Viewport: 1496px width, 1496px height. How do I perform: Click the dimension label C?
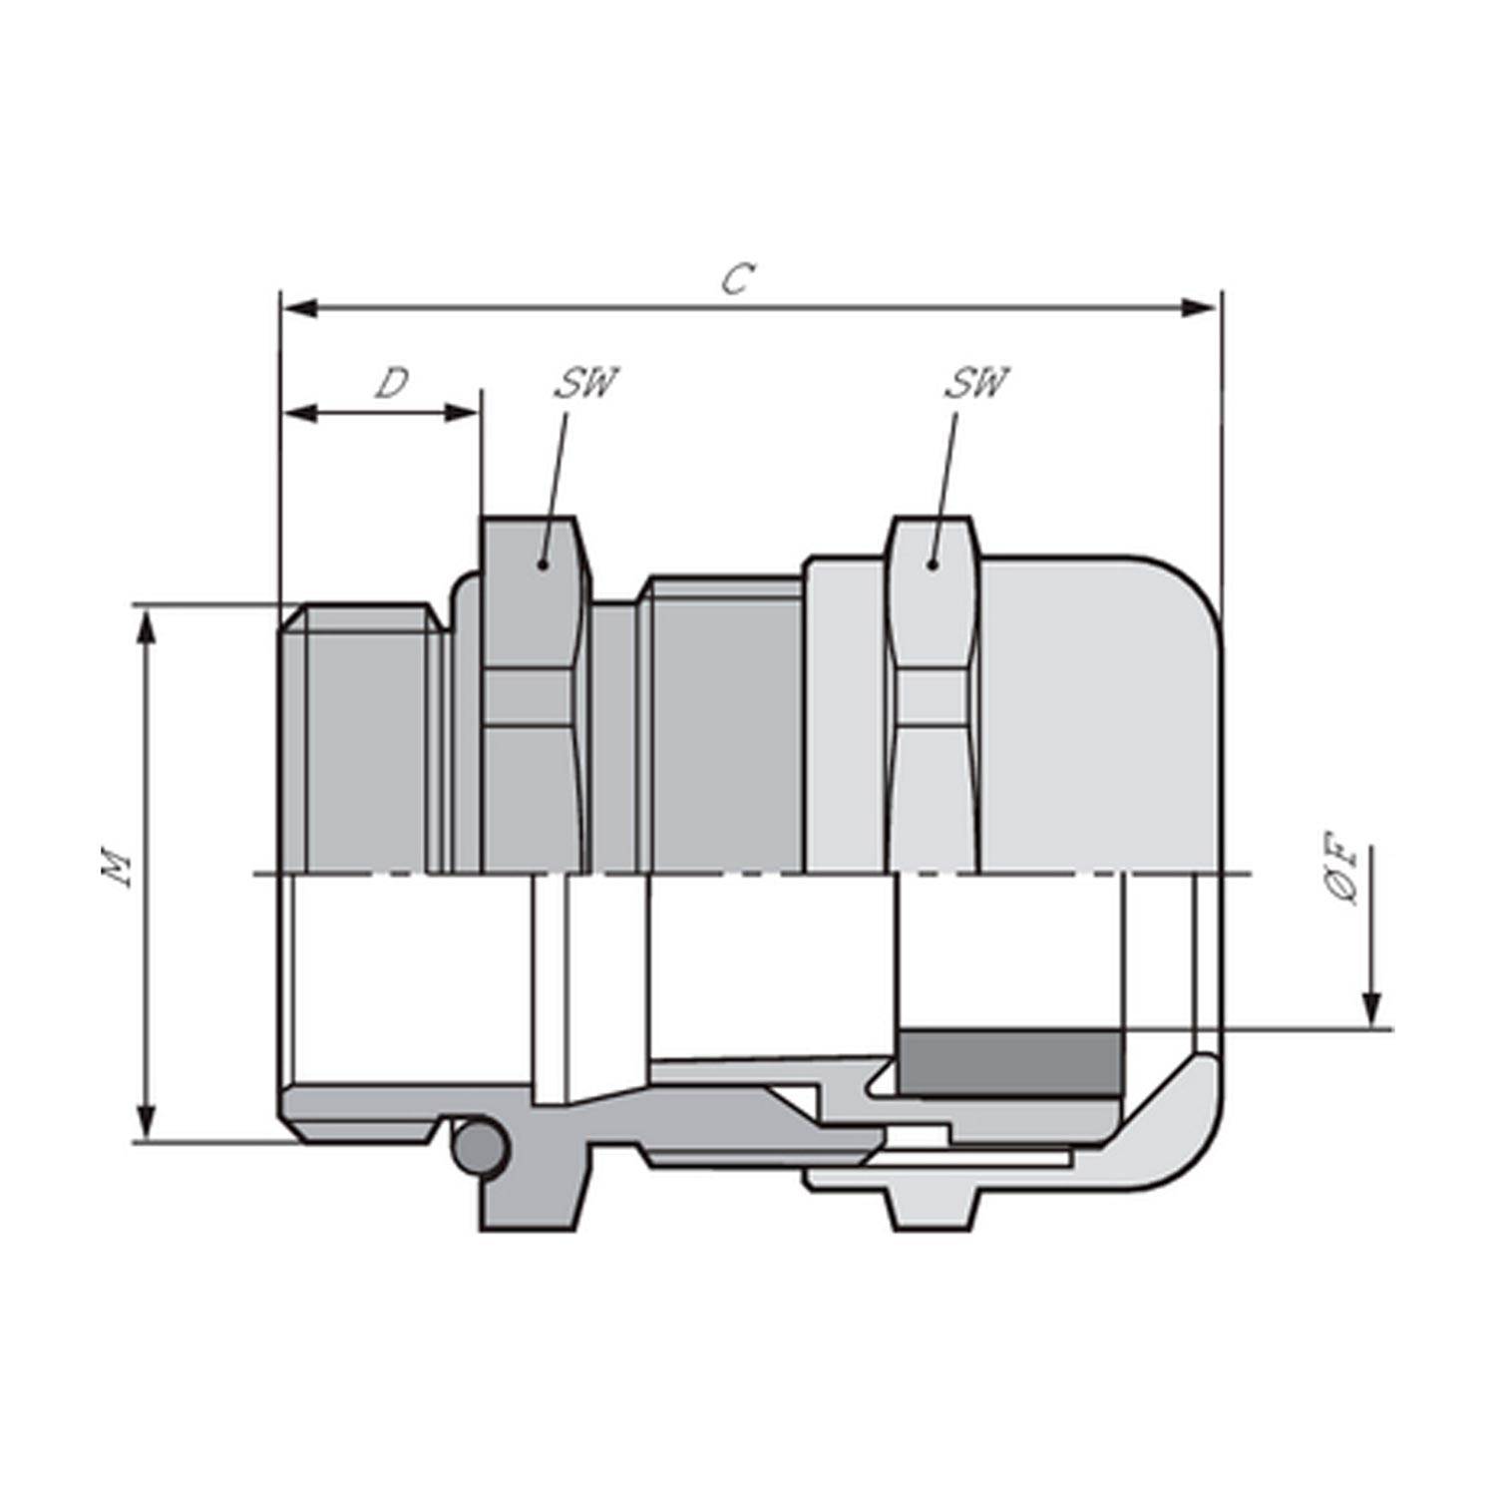coord(736,280)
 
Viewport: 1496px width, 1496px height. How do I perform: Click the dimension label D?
coord(392,383)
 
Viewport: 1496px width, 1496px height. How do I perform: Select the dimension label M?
coord(118,868)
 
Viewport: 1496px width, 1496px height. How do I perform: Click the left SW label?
coord(586,383)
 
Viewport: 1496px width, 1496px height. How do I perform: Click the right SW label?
coord(976,383)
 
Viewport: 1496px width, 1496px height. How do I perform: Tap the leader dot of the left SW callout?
coord(543,564)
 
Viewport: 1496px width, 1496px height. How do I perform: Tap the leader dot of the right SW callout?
coord(933,564)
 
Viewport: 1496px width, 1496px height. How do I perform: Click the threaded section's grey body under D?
coord(364,748)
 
